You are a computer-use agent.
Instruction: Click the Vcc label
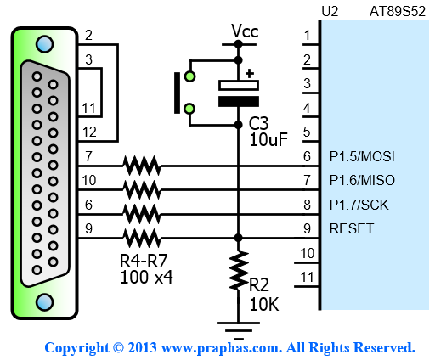[x=245, y=31]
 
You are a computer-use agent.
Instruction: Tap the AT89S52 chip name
[x=398, y=12]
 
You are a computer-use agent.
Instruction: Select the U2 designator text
[x=330, y=12]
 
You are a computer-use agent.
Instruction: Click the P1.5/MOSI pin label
[x=362, y=156]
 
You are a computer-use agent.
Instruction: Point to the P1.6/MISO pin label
[x=362, y=180]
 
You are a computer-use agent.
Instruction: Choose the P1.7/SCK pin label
[x=359, y=205]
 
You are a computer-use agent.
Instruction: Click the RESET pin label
[x=352, y=228]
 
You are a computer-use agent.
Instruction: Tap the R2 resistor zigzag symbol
[x=239, y=270]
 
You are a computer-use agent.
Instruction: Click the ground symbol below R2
[x=239, y=330]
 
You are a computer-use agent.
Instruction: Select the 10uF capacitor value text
[x=268, y=139]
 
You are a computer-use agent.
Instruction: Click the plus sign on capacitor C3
[x=250, y=74]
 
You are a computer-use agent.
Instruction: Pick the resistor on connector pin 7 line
[x=142, y=166]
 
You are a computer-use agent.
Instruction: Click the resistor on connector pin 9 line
[x=142, y=239]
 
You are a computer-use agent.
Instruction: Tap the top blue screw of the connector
[x=45, y=44]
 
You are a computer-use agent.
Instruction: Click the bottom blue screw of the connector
[x=45, y=302]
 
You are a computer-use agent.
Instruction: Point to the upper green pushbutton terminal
[x=189, y=76]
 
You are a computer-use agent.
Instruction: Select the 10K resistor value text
[x=264, y=305]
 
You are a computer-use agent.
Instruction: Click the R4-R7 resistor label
[x=144, y=261]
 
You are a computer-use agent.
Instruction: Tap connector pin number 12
[x=89, y=132]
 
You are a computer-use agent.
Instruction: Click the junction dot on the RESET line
[x=239, y=238]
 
